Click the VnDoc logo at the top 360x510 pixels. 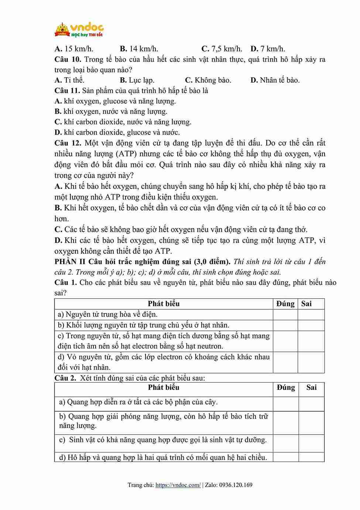pyautogui.click(x=79, y=30)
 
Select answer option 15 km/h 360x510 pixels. pyautogui.click(x=74, y=49)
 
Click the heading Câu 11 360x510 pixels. pyautogui.click(x=67, y=91)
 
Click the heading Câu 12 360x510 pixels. pyautogui.click(x=68, y=143)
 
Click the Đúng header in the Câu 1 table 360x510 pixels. pyautogui.click(x=285, y=304)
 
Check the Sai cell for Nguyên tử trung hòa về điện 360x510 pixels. pyautogui.click(x=311, y=314)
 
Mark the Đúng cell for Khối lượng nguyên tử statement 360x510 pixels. pyautogui.click(x=285, y=325)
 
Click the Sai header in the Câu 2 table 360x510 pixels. pyautogui.click(x=311, y=387)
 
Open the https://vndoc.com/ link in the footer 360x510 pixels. pyautogui.click(x=178, y=485)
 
